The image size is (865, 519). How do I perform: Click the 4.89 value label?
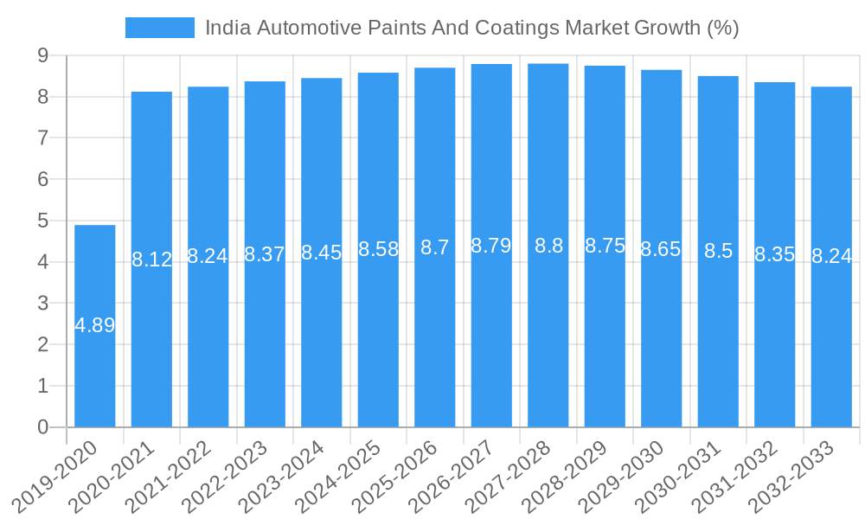95,326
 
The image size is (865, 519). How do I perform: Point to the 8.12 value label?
152,259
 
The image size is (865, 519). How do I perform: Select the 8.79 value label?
491,246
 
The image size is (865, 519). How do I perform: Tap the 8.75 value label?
605,246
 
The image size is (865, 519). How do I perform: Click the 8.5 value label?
718,252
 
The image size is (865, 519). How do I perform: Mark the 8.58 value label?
378,250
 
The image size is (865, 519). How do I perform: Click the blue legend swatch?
160,28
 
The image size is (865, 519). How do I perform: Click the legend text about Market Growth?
471,28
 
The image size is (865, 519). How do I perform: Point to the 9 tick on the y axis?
42,55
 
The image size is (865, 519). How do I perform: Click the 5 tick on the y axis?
42,221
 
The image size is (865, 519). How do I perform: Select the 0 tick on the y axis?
42,427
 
